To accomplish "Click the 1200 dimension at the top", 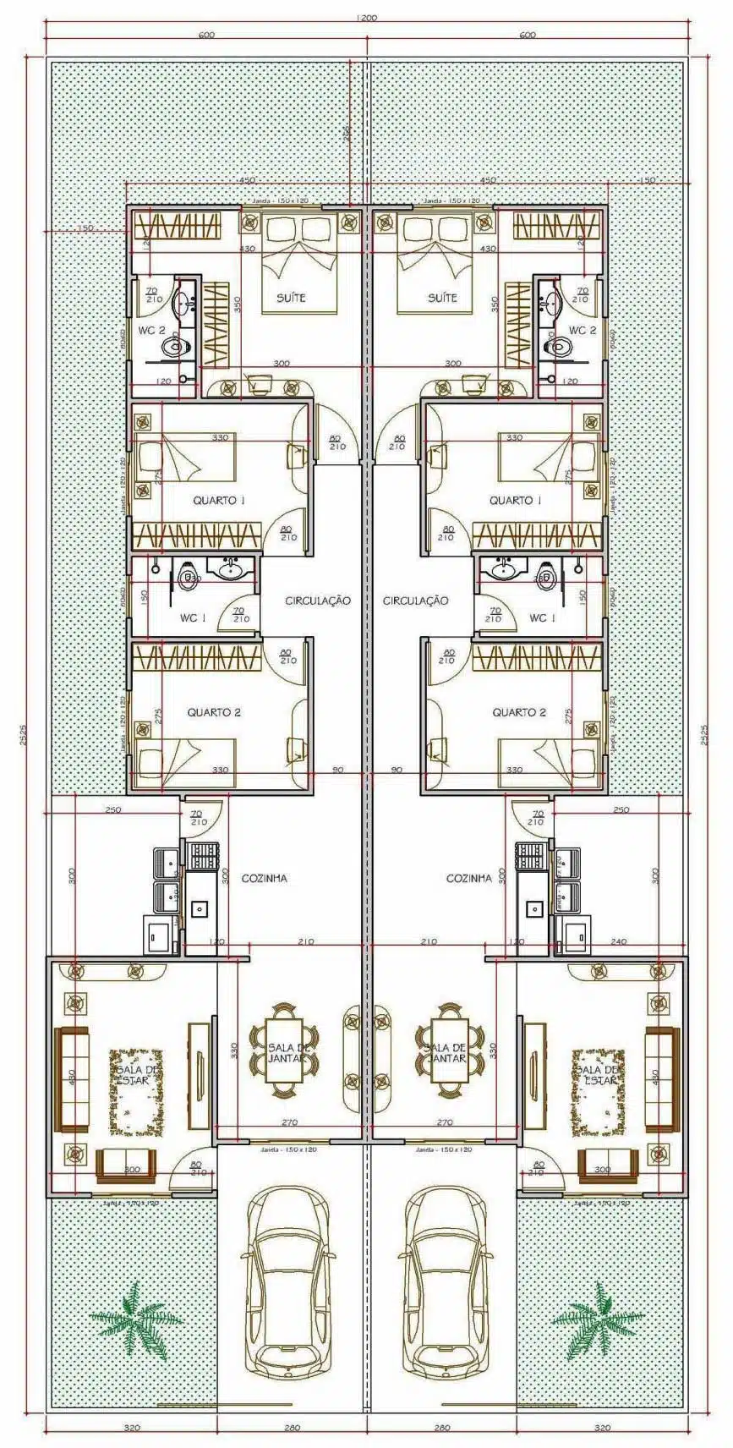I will tap(366, 17).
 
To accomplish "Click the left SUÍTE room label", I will tap(292, 298).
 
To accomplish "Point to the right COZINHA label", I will tap(468, 878).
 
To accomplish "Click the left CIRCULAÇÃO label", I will tap(317, 601).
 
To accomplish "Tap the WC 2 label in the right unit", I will tap(583, 330).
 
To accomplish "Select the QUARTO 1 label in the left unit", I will tap(219, 501).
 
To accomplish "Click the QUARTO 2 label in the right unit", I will tap(519, 712).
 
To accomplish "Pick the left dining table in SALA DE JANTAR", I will tap(285, 1053).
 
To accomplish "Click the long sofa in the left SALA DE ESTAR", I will tap(72, 1078).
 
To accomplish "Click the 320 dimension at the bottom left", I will tap(132, 1428).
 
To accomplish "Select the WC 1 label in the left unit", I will tap(192, 618).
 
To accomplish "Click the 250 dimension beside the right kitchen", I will tap(621, 809).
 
